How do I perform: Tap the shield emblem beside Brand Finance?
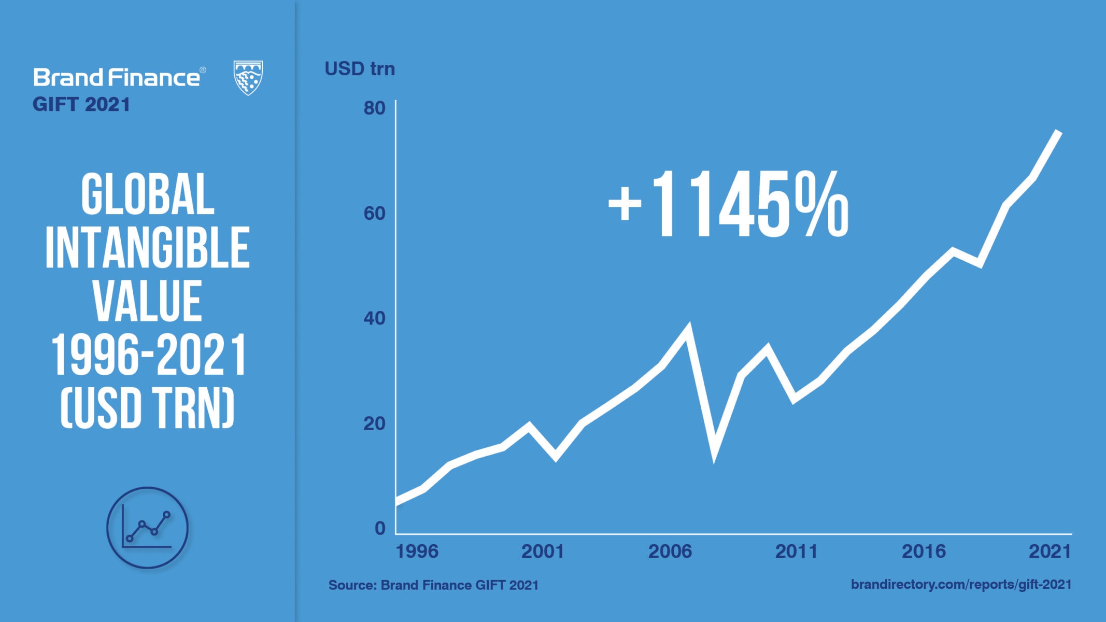tap(248, 78)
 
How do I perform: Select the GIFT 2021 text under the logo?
tap(81, 105)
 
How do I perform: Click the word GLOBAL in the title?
tap(148, 195)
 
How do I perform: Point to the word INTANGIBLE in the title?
tap(148, 248)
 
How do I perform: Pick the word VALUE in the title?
tap(148, 301)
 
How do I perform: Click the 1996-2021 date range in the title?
tap(149, 355)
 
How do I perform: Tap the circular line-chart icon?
tap(147, 528)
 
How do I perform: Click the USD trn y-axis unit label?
tap(360, 69)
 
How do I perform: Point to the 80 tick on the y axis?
tap(374, 108)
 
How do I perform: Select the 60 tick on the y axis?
tap(374, 214)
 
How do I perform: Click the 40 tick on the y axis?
tap(374, 318)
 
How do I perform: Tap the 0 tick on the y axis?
tap(380, 528)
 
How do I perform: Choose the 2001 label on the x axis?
tap(542, 552)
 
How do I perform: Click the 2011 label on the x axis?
tap(796, 552)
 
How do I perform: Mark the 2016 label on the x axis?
tap(924, 552)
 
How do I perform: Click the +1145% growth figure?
tap(728, 205)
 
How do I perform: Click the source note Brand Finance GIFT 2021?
tap(433, 585)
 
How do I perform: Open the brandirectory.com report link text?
tap(961, 585)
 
